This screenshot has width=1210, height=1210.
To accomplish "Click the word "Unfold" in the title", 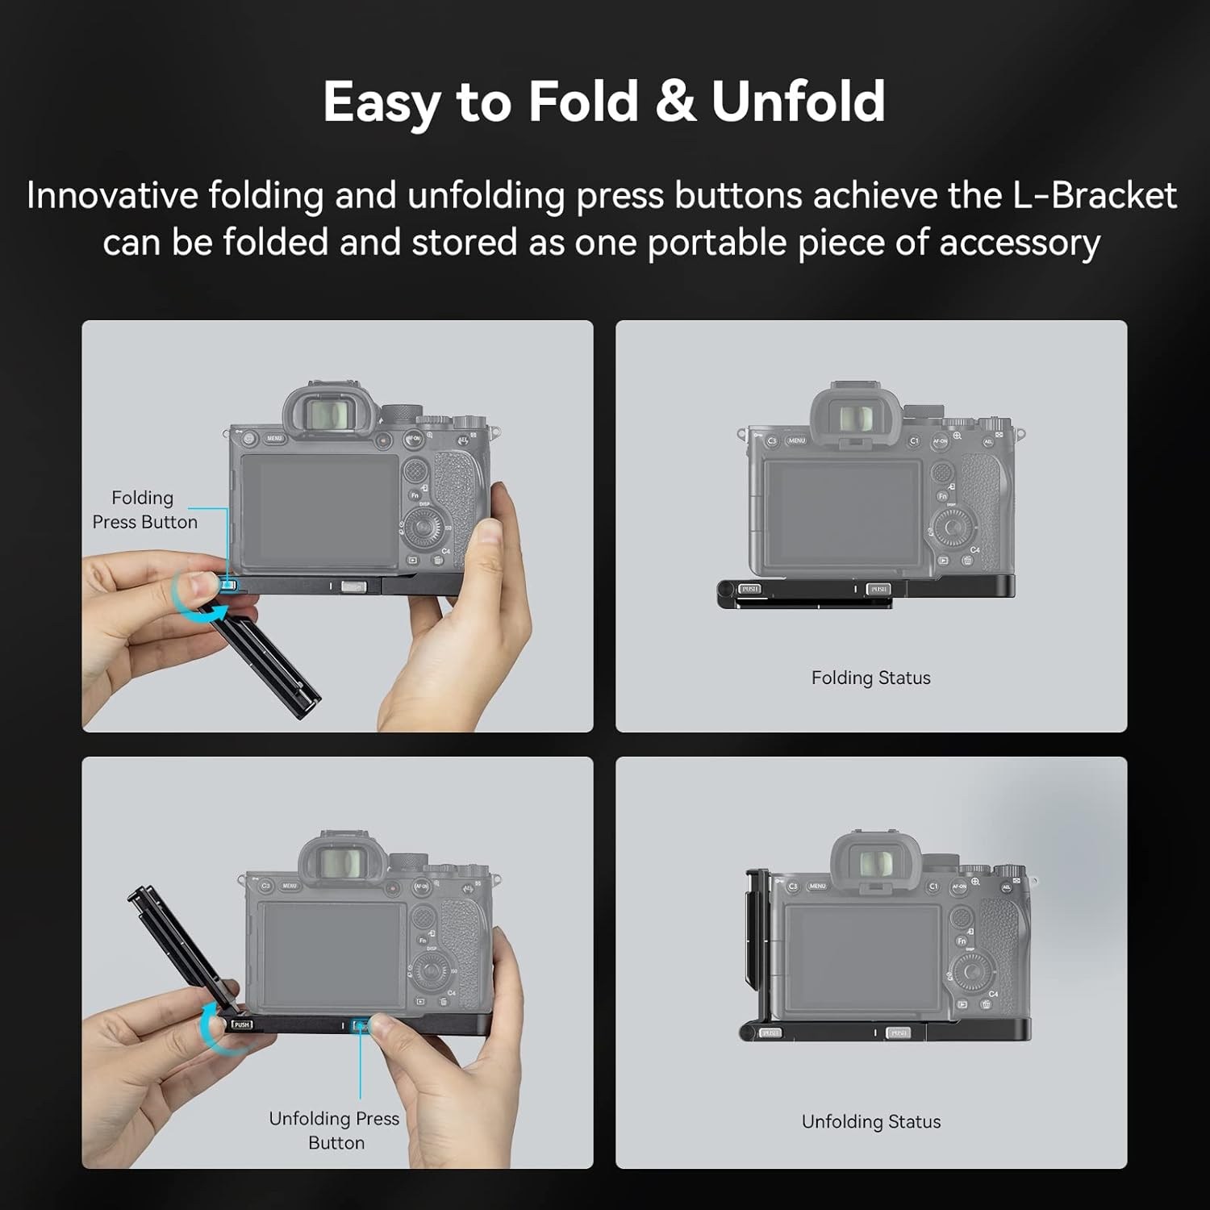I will coord(798,102).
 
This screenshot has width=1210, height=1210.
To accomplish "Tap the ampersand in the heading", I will coord(675,102).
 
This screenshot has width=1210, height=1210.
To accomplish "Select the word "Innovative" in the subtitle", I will coord(112,196).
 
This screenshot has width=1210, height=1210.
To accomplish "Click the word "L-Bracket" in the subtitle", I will coord(1095,196).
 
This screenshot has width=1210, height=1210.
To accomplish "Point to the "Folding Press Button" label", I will coord(144,510).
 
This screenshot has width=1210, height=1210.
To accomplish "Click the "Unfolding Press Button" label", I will coord(334,1130).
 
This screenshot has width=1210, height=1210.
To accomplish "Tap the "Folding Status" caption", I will coord(870,678).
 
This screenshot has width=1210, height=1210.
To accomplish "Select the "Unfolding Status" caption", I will coord(870,1121).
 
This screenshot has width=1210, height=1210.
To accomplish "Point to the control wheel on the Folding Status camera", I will coord(953,528).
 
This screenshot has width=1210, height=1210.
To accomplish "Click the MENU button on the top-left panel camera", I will coord(274,439).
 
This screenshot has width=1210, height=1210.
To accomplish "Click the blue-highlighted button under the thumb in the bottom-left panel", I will coord(360,1026).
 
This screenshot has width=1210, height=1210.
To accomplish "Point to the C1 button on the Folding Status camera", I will coord(914,441).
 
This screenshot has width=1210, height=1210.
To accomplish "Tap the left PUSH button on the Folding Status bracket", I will coord(749,589).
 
